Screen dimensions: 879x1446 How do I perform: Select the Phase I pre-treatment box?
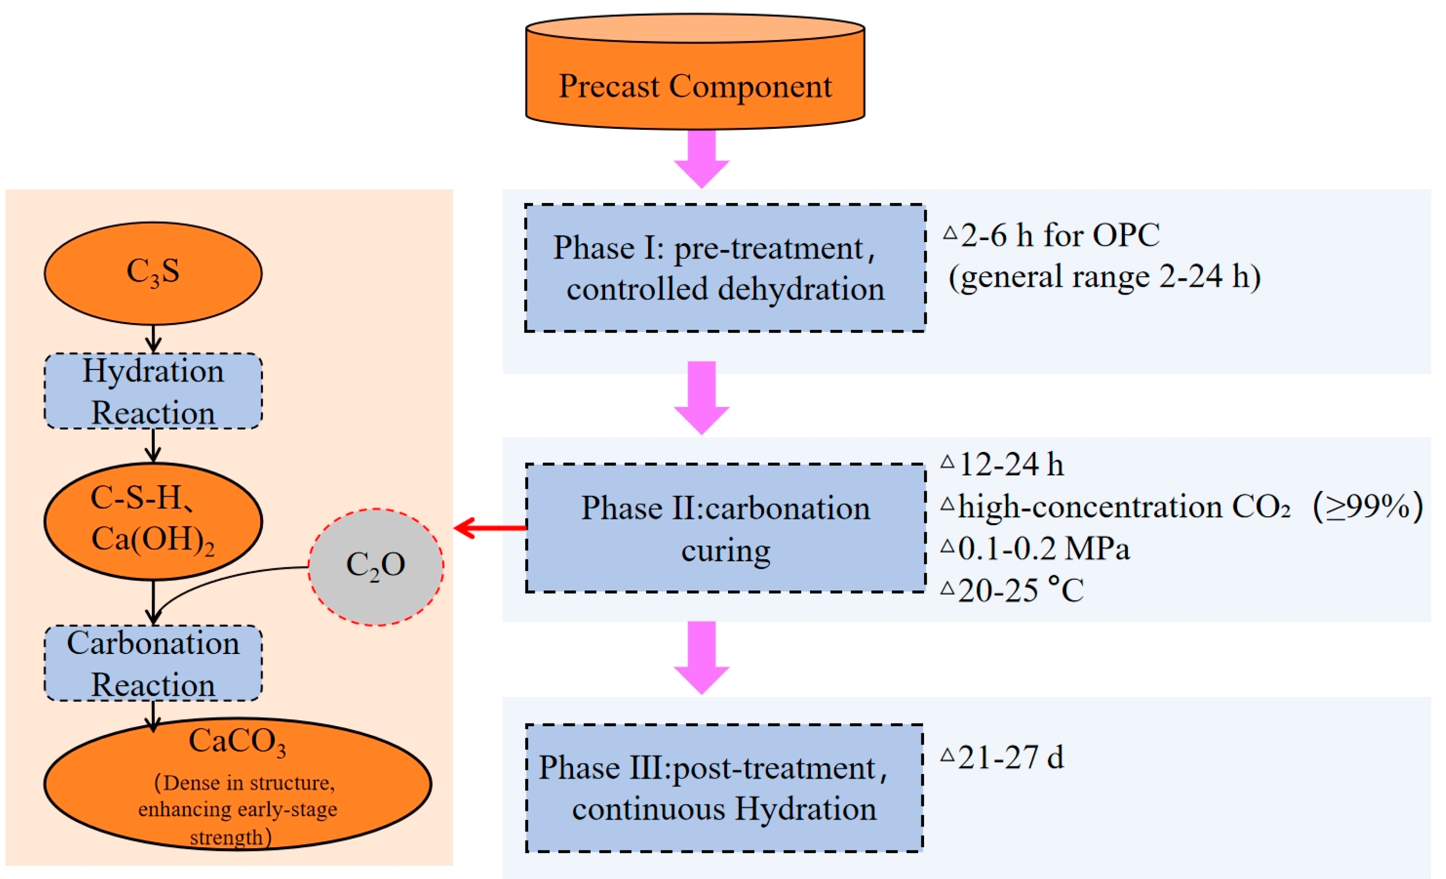tap(725, 268)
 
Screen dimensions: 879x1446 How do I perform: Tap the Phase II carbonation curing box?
tap(725, 528)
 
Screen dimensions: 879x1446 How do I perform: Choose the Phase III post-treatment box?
tap(724, 787)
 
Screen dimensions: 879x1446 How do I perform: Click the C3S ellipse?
tap(153, 273)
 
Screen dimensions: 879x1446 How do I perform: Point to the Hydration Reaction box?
tap(153, 391)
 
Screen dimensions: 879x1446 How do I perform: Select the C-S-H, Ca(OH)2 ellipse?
tap(153, 521)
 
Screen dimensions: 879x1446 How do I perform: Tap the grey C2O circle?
tap(376, 566)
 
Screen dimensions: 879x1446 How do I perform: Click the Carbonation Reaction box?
tap(153, 663)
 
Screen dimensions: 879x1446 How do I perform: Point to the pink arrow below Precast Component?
tap(702, 158)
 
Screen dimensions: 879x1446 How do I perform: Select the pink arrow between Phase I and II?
tap(702, 397)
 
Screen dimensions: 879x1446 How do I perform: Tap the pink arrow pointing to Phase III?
tap(702, 657)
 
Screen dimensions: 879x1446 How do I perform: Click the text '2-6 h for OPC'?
tap(1059, 235)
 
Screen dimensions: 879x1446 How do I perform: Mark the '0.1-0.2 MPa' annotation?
tap(1043, 549)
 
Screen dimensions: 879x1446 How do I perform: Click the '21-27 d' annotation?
tap(1011, 758)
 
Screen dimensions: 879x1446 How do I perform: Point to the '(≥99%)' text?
tap(1367, 506)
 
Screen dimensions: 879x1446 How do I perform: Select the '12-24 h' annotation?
tap(1011, 465)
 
